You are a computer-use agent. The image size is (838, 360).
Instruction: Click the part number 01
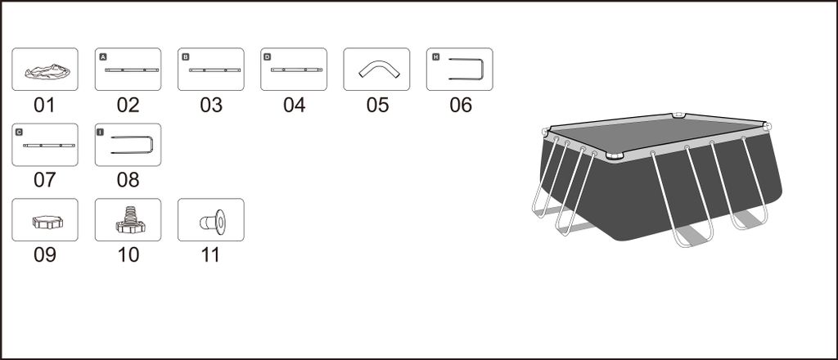[x=44, y=106]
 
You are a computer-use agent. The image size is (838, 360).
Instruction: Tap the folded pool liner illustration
[x=45, y=72]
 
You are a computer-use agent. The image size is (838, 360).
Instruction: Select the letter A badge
[x=103, y=57]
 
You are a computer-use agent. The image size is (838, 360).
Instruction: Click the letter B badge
[x=186, y=57]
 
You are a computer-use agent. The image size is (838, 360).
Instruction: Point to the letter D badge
[x=268, y=57]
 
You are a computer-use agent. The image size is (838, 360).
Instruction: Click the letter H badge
[x=435, y=57]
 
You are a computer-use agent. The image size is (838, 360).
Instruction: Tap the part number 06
[x=461, y=106]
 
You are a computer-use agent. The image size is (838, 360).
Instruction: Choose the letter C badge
[x=20, y=132]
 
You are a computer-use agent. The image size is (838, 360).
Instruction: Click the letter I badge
[x=103, y=132]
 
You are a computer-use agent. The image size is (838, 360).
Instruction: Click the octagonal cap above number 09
[x=45, y=221]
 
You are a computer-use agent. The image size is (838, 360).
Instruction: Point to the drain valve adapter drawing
[x=128, y=220]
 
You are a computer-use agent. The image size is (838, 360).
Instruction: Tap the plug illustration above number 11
[x=213, y=221]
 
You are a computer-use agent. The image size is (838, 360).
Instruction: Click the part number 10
[x=128, y=255]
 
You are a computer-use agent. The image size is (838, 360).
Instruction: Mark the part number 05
[x=377, y=106]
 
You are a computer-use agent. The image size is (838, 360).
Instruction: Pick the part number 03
[x=210, y=106]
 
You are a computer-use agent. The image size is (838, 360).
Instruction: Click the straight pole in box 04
[x=294, y=70]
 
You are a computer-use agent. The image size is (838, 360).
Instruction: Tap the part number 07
[x=44, y=180]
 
